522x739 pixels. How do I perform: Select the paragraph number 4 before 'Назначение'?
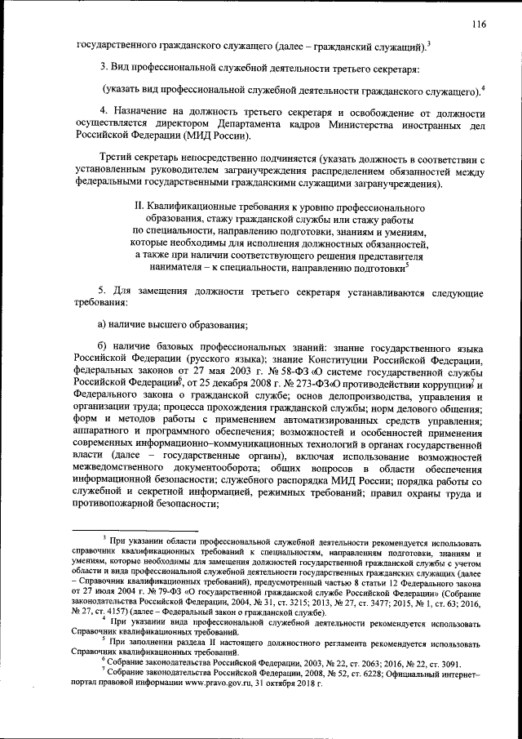click(x=102, y=110)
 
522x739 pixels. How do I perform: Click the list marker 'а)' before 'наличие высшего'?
click(x=102, y=325)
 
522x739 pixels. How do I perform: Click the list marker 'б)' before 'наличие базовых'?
click(x=102, y=348)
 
